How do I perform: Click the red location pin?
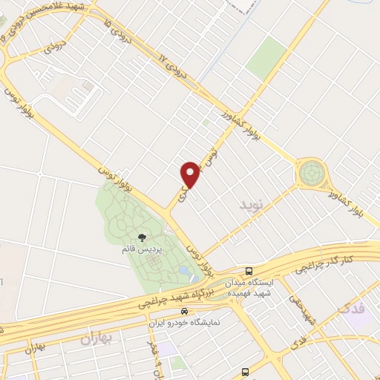[190, 174]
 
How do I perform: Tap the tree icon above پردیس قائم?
[142, 237]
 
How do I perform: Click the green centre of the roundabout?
[311, 174]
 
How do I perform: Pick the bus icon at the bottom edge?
[245, 373]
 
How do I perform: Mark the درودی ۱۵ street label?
[118, 33]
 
